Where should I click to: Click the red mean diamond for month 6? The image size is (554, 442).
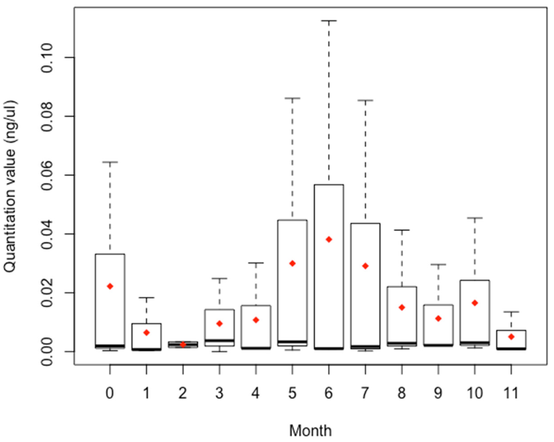tap(329, 240)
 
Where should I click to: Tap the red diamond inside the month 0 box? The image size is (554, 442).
tap(110, 286)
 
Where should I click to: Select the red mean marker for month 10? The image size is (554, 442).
tap(475, 303)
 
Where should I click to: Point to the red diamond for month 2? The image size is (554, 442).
tap(183, 344)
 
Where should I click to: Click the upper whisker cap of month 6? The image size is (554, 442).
tap(329, 21)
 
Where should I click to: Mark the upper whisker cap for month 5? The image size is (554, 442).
tap(292, 98)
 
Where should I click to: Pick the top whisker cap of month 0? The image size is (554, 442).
tap(110, 162)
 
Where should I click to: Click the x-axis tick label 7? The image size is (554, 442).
tap(365, 393)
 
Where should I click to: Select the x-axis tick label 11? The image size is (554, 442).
tap(511, 393)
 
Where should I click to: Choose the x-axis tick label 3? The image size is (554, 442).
tap(219, 393)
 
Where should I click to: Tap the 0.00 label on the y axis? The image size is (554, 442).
tap(47, 351)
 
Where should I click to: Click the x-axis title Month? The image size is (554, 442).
tap(310, 430)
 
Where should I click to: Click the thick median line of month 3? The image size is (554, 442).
tap(219, 341)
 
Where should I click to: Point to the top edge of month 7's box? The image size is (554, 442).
tap(365, 223)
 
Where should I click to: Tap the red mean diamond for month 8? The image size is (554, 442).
tap(402, 307)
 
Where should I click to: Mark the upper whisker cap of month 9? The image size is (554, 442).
tap(438, 264)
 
